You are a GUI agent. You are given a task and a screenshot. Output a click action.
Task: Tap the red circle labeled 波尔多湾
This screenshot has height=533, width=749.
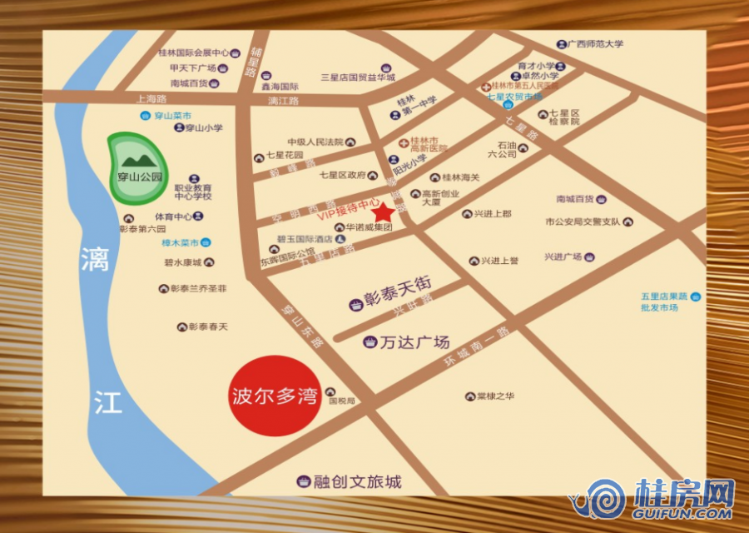(x=274, y=396)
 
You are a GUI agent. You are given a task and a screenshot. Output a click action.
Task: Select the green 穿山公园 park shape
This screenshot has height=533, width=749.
(x=133, y=169)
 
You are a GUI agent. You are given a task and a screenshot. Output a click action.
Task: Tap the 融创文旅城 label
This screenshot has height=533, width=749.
(x=357, y=481)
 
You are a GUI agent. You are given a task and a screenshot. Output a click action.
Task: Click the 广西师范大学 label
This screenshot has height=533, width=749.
(x=596, y=44)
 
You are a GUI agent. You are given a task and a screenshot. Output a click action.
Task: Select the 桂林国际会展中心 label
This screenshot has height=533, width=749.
(x=193, y=52)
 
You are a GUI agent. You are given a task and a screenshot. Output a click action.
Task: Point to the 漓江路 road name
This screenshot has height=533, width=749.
(x=283, y=101)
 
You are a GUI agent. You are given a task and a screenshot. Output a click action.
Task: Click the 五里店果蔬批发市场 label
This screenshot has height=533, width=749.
(x=664, y=301)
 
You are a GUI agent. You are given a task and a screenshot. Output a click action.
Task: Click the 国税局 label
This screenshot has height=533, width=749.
(x=342, y=401)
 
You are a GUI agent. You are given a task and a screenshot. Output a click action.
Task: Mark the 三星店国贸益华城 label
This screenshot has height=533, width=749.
(x=358, y=77)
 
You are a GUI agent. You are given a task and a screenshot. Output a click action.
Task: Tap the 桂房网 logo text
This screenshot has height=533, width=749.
(x=684, y=496)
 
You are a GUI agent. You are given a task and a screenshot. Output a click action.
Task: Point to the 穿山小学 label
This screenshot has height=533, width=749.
(x=204, y=128)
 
